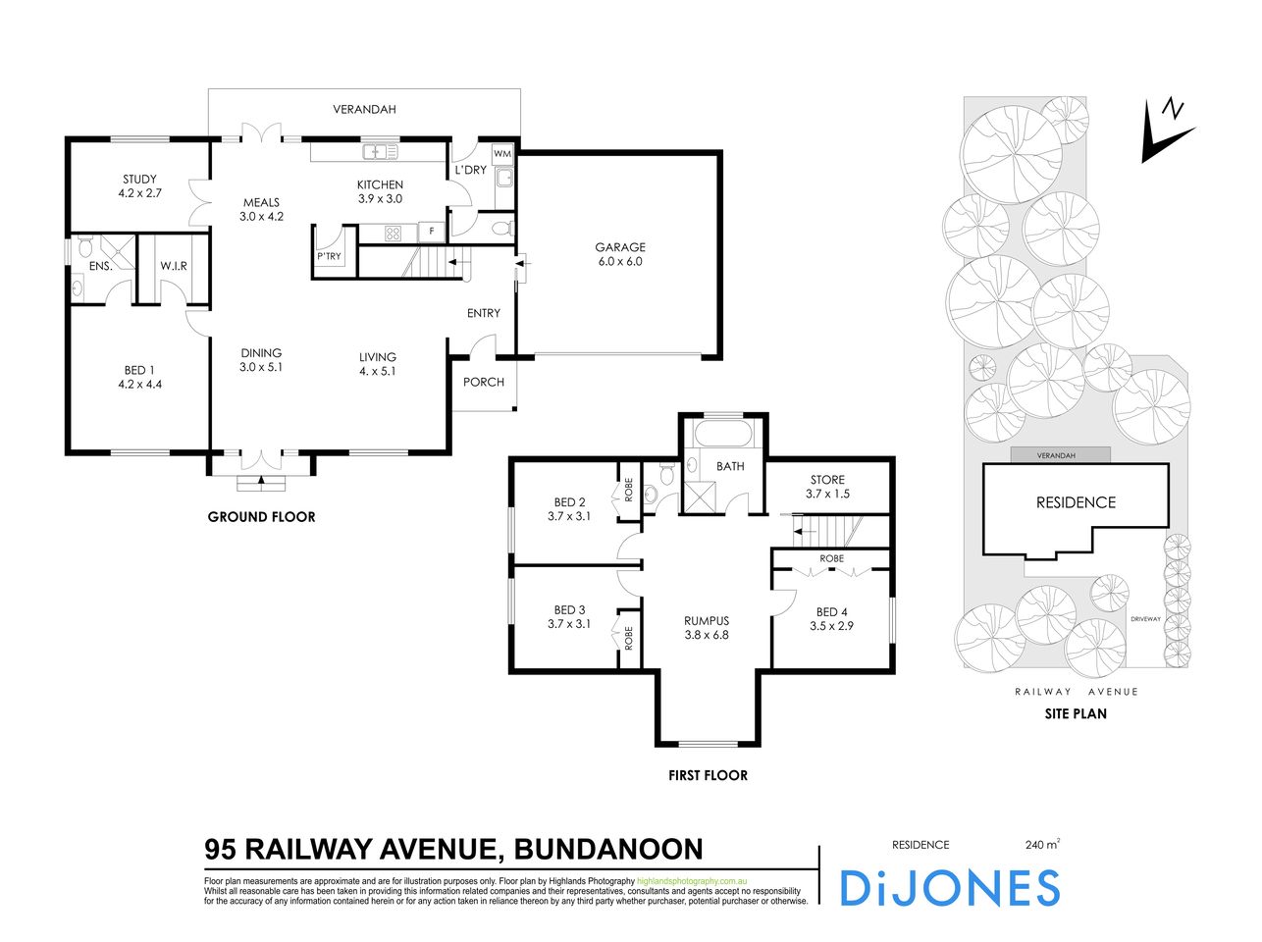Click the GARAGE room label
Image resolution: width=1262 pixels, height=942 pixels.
click(619, 247)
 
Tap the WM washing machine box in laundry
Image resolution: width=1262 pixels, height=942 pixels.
click(502, 154)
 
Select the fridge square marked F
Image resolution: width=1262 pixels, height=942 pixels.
click(430, 233)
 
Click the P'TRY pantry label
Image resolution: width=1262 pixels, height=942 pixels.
click(328, 257)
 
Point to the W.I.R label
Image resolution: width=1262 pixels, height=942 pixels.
click(174, 266)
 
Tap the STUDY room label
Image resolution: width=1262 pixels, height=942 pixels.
click(139, 179)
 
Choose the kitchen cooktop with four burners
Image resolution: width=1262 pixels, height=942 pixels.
click(393, 233)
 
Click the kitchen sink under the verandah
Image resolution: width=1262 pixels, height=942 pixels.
click(379, 152)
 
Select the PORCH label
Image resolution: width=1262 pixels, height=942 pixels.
click(484, 382)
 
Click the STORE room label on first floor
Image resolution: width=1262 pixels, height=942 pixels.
click(827, 480)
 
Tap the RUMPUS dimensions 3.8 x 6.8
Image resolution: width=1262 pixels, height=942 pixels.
click(707, 635)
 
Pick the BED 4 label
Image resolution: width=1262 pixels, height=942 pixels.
click(831, 611)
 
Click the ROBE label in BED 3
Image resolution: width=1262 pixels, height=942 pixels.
click(628, 639)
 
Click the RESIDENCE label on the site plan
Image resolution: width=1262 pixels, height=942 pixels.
click(1076, 502)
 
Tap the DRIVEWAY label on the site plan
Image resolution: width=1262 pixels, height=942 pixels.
click(1145, 619)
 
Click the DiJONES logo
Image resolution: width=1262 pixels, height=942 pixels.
click(949, 887)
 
